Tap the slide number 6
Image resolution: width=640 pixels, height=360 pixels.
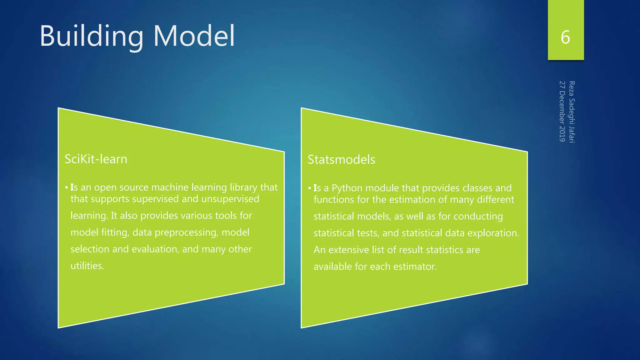tap(565, 37)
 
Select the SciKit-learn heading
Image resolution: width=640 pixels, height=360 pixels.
tap(96, 159)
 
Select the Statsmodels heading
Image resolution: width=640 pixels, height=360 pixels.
tap(341, 160)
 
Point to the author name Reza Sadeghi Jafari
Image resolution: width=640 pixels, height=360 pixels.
tap(572, 112)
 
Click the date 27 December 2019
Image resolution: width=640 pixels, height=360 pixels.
tap(562, 111)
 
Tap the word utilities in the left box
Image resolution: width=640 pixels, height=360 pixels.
tap(87, 266)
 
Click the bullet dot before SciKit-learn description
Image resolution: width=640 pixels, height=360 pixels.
tap(67, 188)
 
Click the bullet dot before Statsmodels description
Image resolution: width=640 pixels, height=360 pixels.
tap(310, 188)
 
